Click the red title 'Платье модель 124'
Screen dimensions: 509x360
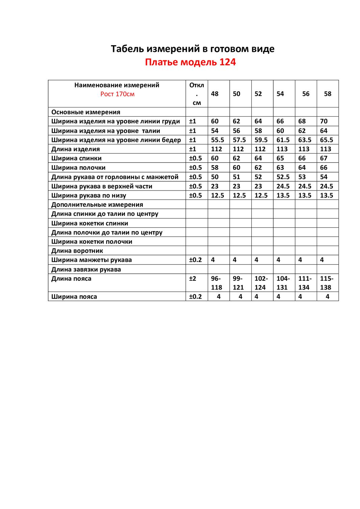(190, 62)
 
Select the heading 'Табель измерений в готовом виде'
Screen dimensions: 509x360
(192, 49)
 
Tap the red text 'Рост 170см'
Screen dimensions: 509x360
(117, 94)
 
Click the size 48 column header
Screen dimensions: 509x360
(215, 94)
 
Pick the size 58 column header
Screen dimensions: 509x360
(328, 94)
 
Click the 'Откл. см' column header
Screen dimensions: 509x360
(197, 94)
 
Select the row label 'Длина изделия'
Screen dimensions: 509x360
(75, 149)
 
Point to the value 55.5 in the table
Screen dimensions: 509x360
(217, 140)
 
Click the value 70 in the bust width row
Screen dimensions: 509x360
(324, 121)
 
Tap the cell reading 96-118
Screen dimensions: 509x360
(216, 283)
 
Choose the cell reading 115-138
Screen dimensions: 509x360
(326, 283)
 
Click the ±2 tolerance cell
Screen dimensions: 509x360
(192, 279)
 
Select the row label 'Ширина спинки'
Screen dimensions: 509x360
(76, 158)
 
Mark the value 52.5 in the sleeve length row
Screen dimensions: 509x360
(283, 177)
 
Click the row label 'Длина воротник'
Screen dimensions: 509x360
(77, 251)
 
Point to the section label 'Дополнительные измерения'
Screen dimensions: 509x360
(97, 204)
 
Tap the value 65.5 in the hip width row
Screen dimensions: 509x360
(326, 140)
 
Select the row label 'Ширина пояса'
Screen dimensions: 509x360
(74, 297)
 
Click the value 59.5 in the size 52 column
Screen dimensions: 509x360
(261, 140)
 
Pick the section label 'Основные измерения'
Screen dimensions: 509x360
(85, 112)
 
